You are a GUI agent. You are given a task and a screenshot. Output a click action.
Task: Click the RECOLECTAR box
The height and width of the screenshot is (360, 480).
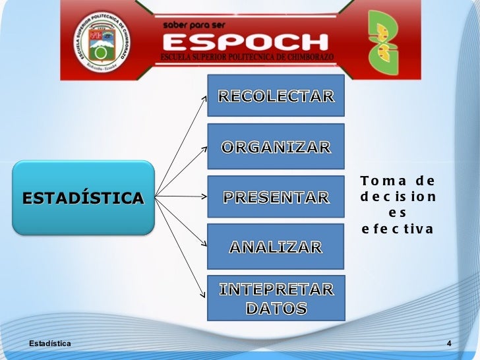pyautogui.click(x=276, y=97)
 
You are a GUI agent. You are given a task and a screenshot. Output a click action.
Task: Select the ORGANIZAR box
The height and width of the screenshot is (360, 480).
pyautogui.click(x=276, y=146)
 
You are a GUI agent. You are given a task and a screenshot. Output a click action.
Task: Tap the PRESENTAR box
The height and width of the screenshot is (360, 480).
pyautogui.click(x=276, y=196)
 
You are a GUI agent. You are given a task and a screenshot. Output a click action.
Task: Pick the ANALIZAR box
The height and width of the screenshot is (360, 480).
pyautogui.click(x=276, y=247)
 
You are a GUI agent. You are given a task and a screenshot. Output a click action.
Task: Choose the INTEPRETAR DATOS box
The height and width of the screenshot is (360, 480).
pyautogui.click(x=276, y=298)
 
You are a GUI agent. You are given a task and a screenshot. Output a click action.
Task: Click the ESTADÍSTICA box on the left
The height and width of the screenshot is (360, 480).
pyautogui.click(x=83, y=197)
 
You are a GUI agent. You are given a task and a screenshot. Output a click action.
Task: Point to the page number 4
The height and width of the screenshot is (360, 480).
pyautogui.click(x=448, y=344)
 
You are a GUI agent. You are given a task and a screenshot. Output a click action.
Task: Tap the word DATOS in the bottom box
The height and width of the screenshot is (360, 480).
pyautogui.click(x=276, y=308)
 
